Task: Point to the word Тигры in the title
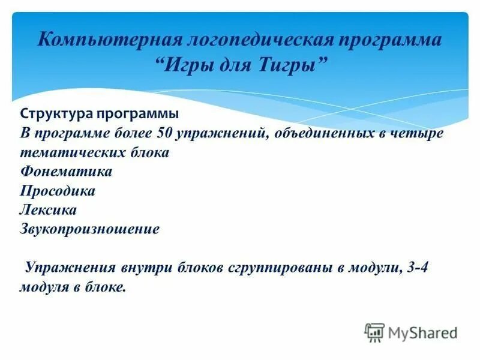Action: click(291, 64)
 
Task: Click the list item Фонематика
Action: click(66, 172)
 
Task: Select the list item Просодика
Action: click(58, 191)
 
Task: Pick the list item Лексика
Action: click(48, 210)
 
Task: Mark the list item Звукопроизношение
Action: click(89, 229)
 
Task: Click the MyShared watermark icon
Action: click(374, 332)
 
